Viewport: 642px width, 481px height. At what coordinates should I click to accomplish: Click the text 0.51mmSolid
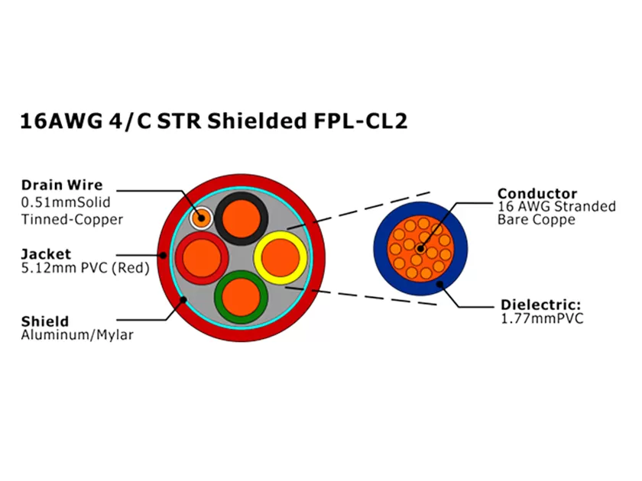tap(66, 202)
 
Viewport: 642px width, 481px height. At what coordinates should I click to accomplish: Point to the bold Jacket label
tap(46, 253)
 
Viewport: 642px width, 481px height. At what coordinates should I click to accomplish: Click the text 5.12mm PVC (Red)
tap(85, 268)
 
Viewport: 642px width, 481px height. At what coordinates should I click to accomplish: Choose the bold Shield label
tap(44, 321)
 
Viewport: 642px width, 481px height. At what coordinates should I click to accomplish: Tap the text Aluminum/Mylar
tap(77, 336)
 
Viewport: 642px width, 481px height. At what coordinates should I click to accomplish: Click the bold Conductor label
tap(537, 193)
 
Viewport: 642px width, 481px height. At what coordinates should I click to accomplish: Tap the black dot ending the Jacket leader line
tap(163, 254)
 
